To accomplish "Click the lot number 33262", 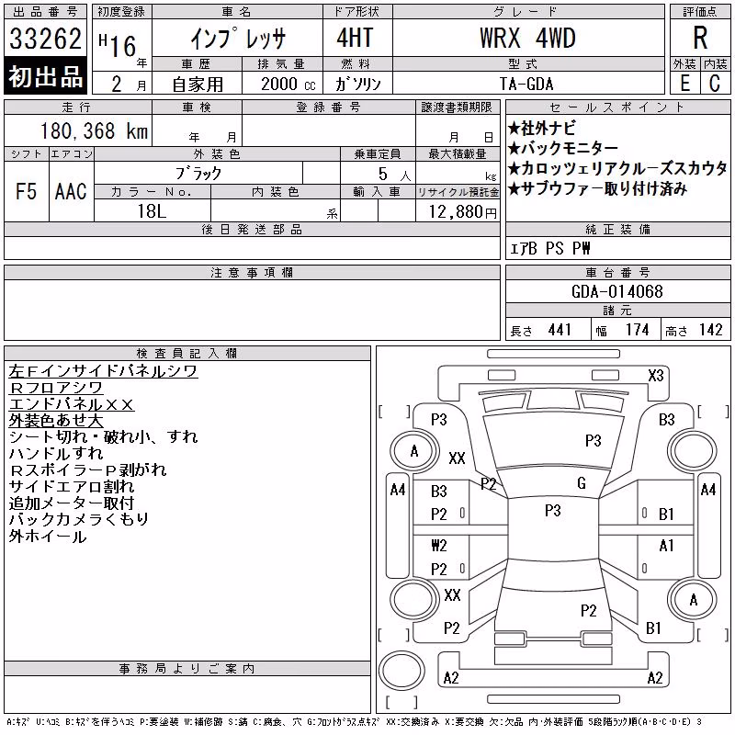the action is [45, 39].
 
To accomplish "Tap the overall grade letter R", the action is [700, 38].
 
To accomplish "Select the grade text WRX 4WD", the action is [527, 38].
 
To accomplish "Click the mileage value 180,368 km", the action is [95, 130].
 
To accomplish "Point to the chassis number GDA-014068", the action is [616, 291].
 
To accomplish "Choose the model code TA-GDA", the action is [526, 84].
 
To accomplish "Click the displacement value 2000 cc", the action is [288, 84].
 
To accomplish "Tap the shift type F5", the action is [27, 191].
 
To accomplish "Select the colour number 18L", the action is [152, 211].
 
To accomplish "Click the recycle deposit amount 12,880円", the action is [462, 212].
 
